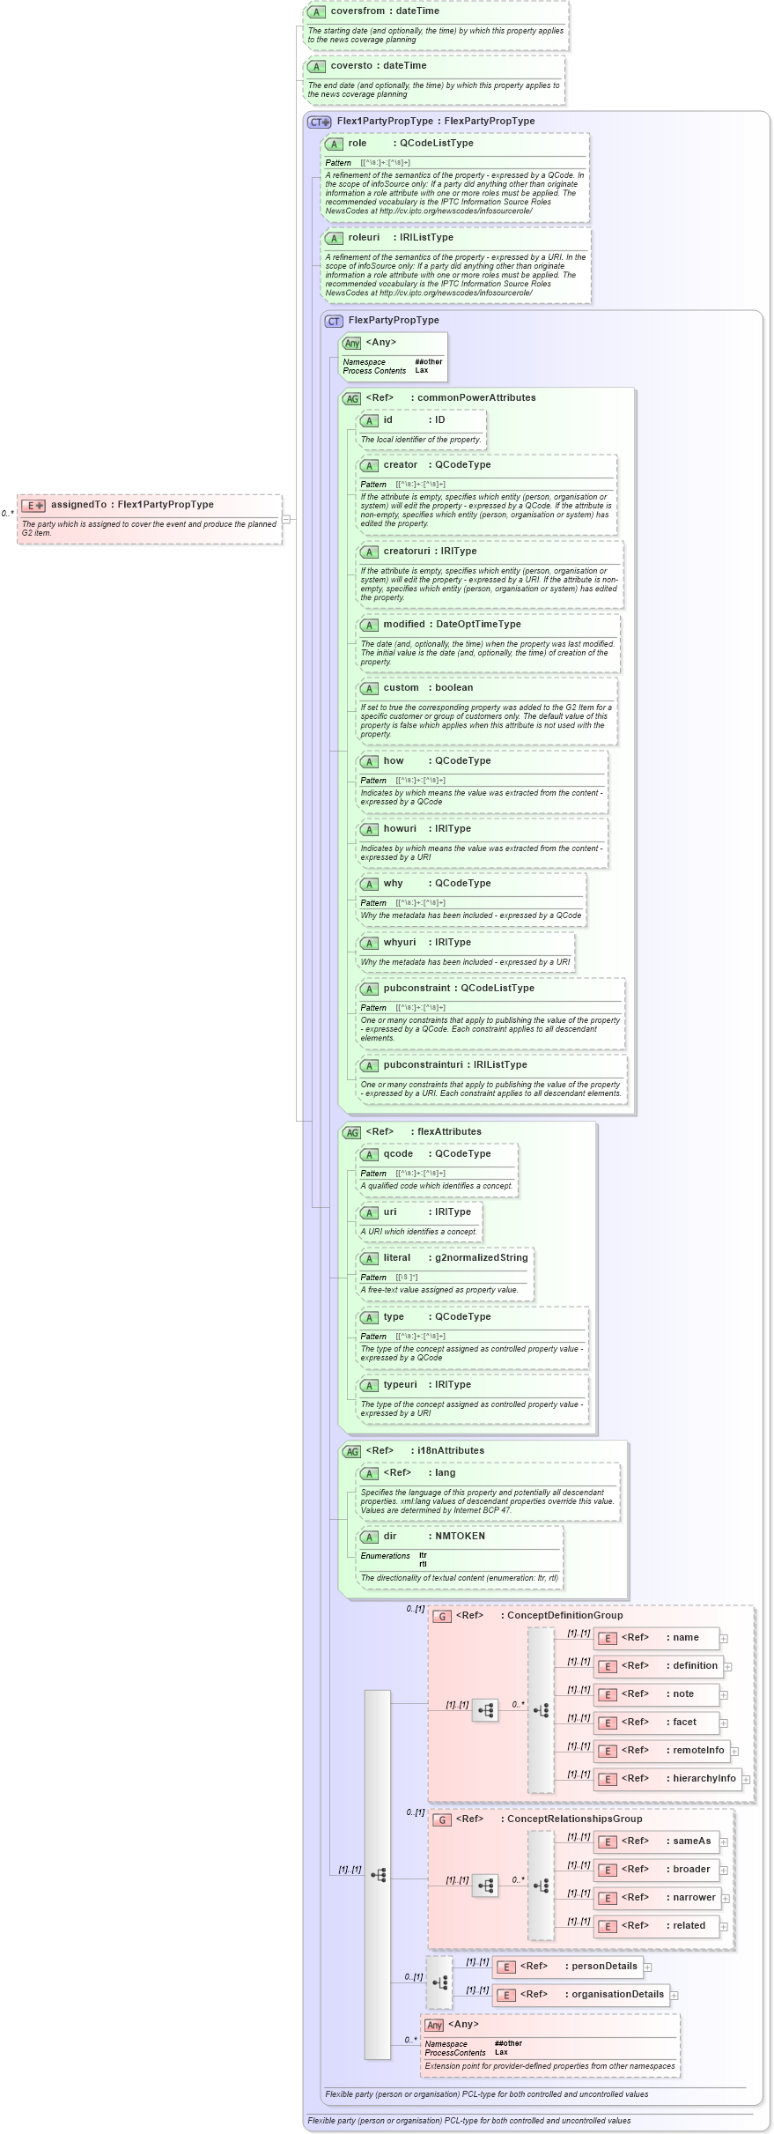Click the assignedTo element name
pyautogui.click(x=132, y=505)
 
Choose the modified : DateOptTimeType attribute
pyautogui.click(x=452, y=625)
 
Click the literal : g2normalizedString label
pyautogui.click(x=455, y=1258)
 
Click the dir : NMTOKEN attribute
pyautogui.click(x=433, y=1537)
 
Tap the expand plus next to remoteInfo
pyautogui.click(x=734, y=1752)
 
